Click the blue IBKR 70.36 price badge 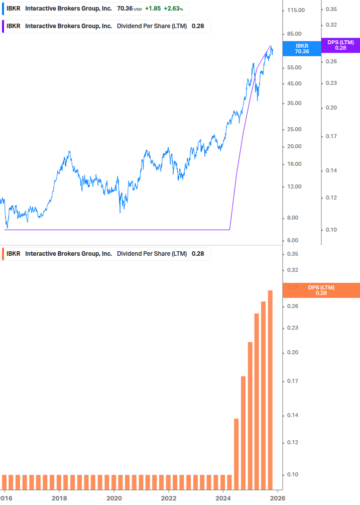(x=302, y=48)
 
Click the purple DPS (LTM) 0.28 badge (x=340, y=45)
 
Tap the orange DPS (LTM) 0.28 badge (x=321, y=290)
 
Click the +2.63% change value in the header (x=173, y=9)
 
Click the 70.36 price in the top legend (x=125, y=9)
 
